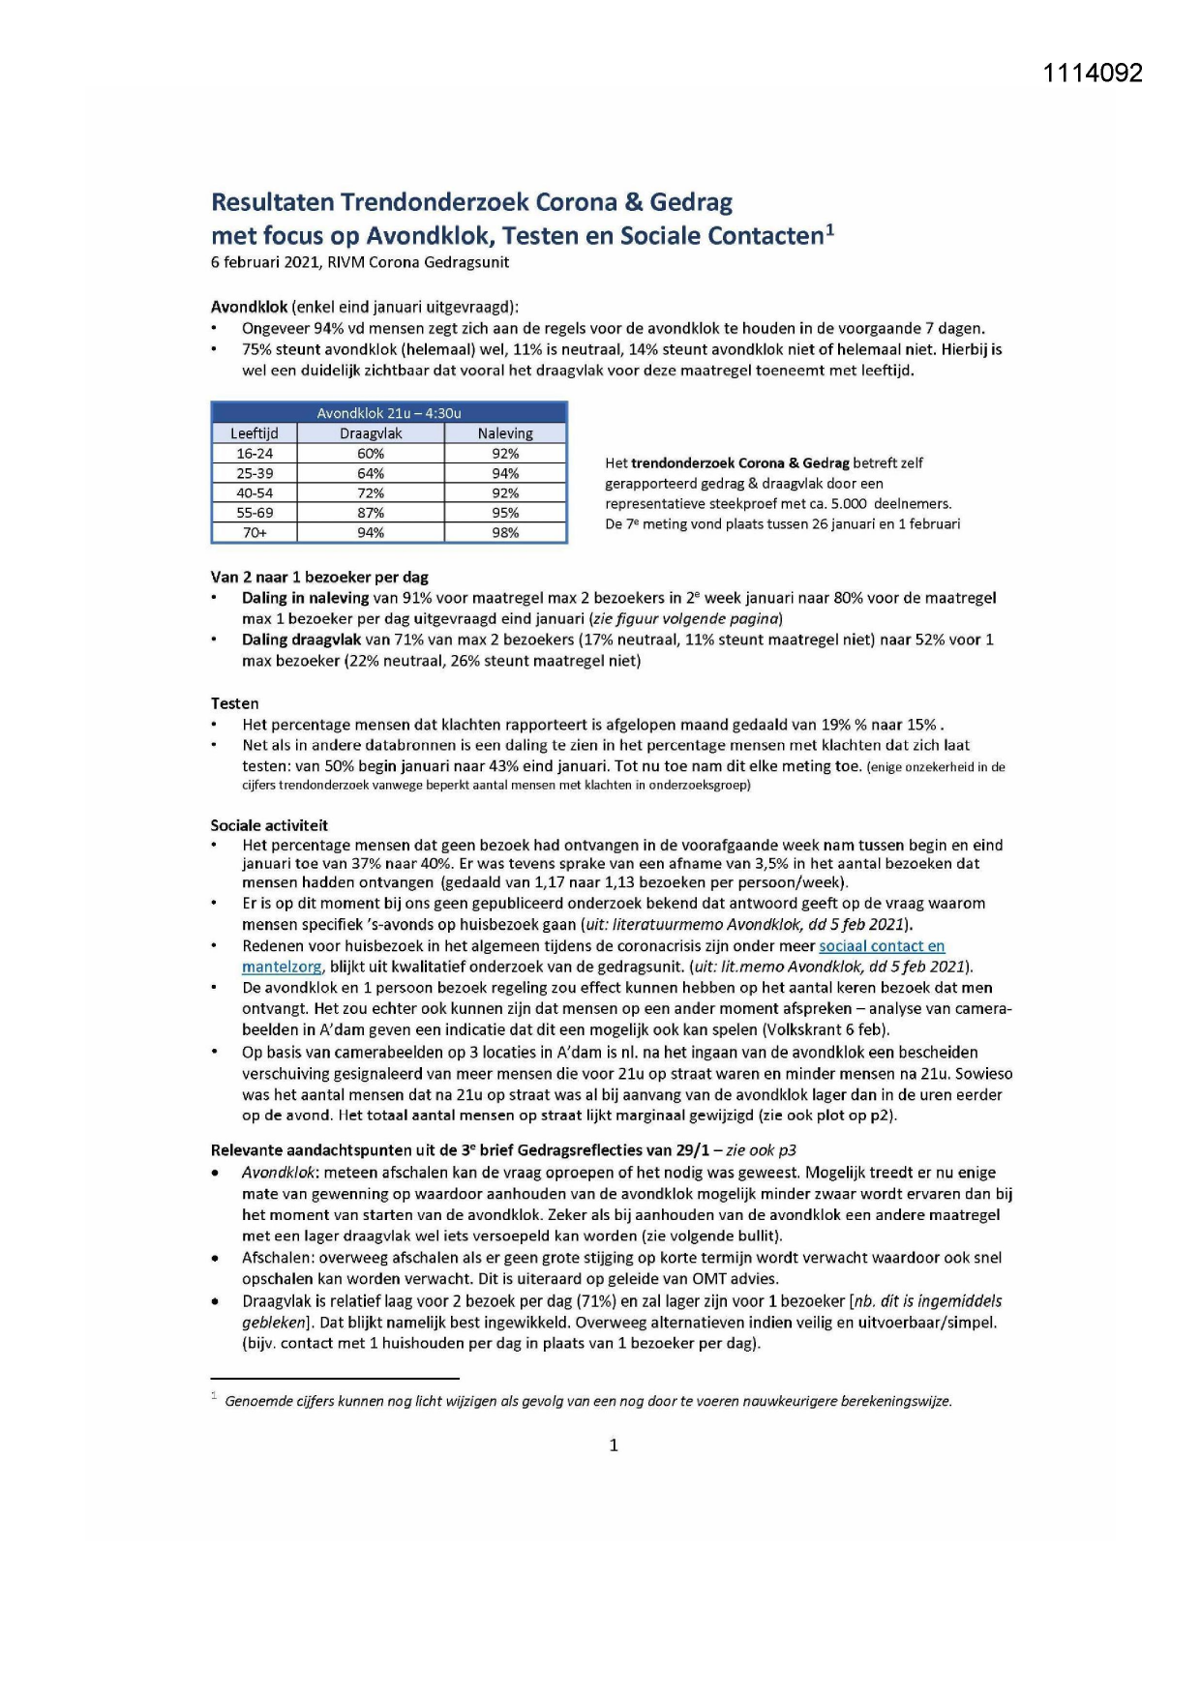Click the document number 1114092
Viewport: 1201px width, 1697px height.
coord(1093,74)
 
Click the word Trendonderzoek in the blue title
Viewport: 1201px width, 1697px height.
coord(422,202)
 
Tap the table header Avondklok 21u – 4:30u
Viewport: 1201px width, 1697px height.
coord(389,413)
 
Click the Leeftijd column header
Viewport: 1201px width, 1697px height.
coord(254,433)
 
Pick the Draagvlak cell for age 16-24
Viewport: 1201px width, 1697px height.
coord(371,454)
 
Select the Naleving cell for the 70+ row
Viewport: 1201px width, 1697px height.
coord(505,533)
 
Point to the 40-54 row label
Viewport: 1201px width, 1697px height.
coord(254,493)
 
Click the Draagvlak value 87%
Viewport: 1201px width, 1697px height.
coord(371,513)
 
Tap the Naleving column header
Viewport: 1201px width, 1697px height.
coord(505,433)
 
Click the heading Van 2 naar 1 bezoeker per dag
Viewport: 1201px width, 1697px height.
coord(319,578)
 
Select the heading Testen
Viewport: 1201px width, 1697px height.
coord(235,703)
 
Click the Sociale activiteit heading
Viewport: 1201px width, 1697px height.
coord(269,825)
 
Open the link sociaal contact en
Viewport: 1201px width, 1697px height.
coord(882,946)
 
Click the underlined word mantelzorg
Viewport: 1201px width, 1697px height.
coord(282,967)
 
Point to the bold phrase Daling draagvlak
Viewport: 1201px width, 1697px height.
coord(301,640)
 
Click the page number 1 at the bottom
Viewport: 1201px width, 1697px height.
coord(614,1445)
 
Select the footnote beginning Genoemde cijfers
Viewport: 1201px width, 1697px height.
coord(587,1401)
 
